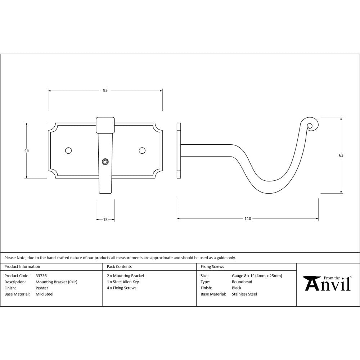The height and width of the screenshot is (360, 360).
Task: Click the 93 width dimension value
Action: point(105,90)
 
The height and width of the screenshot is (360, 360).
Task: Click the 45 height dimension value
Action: point(26,150)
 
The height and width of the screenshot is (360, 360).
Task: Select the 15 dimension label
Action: point(105,219)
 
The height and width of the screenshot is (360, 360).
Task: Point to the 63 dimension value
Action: point(341,155)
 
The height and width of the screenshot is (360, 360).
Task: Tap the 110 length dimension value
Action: point(248,219)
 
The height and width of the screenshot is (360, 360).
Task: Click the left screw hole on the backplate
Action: point(68,150)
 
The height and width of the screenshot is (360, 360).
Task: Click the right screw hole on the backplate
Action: point(142,150)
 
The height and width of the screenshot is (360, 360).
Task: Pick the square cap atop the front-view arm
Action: point(105,124)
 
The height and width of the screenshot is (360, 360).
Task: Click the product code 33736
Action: point(41,276)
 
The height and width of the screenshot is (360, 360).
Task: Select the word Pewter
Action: point(42,288)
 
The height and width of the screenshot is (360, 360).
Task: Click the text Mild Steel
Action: point(44,294)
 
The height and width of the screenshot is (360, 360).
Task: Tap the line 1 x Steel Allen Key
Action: point(123,282)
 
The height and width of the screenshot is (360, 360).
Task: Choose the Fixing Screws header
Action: point(212,267)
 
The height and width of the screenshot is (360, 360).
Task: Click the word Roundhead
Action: point(242,282)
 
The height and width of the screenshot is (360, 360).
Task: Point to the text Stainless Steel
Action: point(244,294)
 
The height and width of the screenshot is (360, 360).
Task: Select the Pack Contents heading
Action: point(119,267)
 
